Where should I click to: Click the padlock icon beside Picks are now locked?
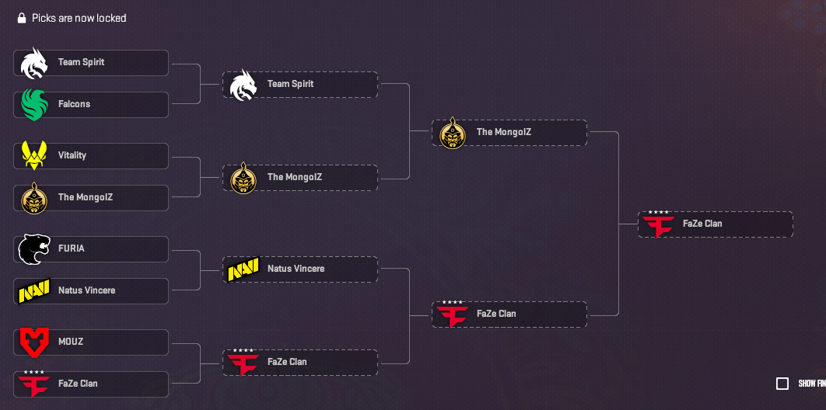(22, 18)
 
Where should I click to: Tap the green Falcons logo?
(34, 104)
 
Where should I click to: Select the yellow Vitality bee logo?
(34, 155)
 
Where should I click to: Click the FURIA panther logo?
(34, 248)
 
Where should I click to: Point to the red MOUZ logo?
(34, 342)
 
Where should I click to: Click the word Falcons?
(74, 104)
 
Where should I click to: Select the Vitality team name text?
(72, 155)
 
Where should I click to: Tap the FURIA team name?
(72, 248)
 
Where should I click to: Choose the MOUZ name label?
(71, 342)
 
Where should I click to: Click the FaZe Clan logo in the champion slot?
(659, 224)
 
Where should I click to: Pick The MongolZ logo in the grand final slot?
(453, 133)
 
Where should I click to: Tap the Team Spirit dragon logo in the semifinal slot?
(243, 85)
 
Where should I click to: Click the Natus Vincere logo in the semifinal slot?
(243, 269)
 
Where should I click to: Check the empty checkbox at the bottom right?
(782, 384)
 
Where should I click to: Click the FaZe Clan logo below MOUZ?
(34, 384)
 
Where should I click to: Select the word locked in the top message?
(111, 18)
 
